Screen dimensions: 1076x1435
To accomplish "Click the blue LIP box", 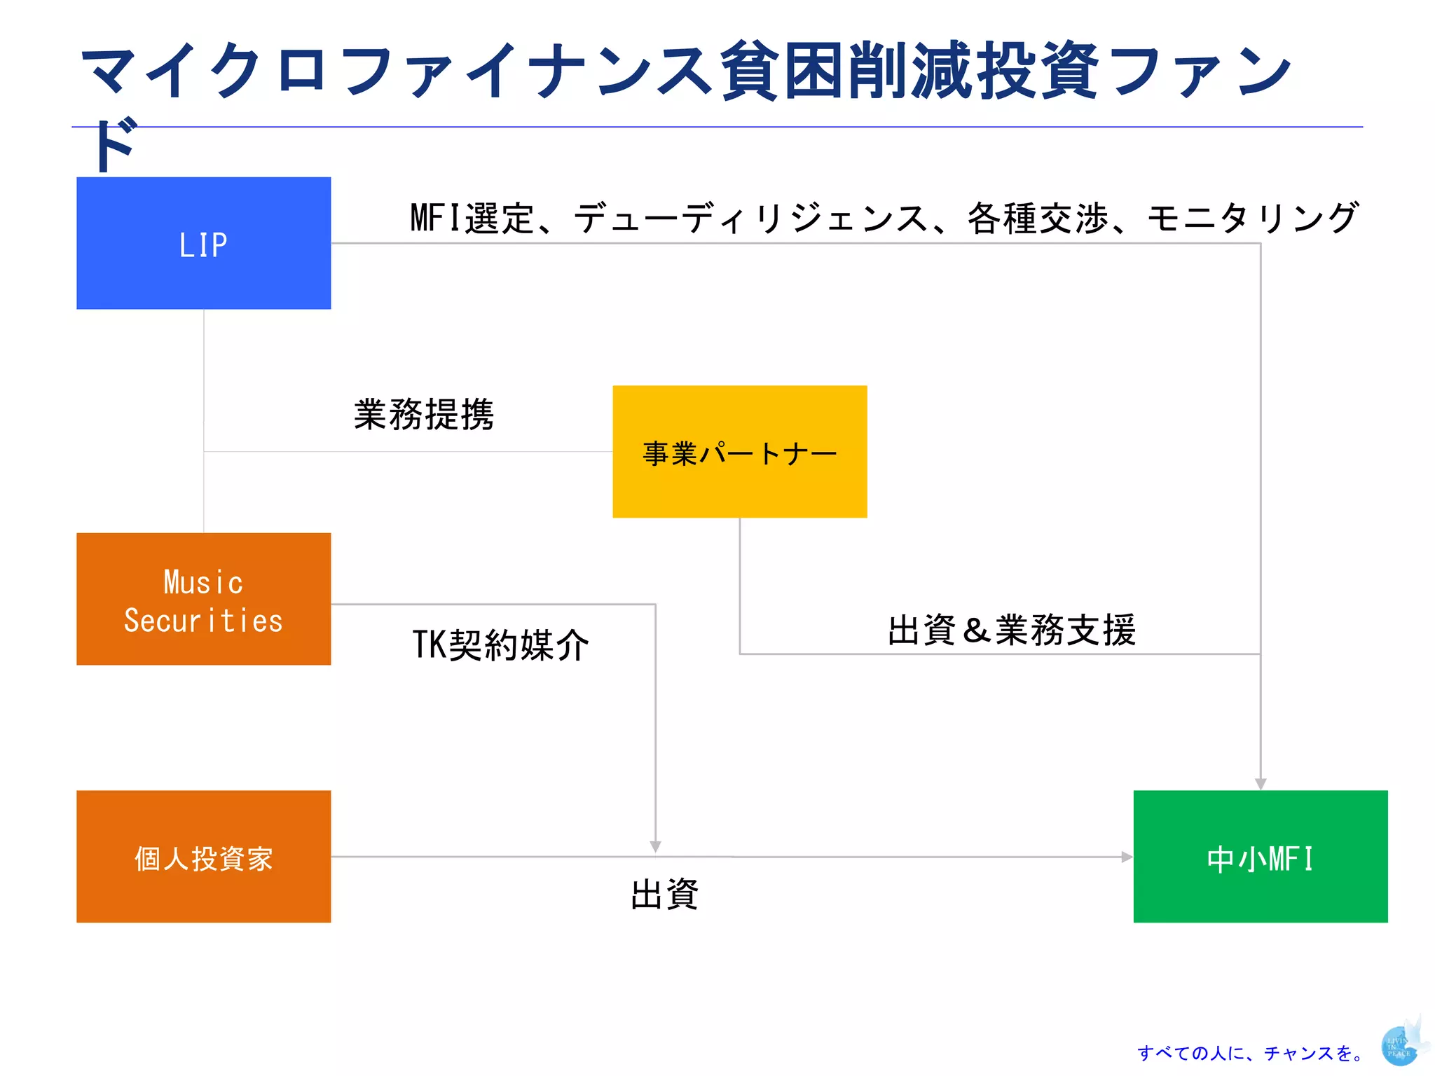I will click(x=203, y=243).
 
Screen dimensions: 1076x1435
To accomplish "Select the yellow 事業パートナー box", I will click(x=739, y=452).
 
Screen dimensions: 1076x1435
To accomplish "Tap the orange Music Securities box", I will click(x=203, y=599).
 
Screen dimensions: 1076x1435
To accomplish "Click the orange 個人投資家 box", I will click(x=203, y=856).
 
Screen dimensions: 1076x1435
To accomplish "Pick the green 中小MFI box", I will click(x=1260, y=856).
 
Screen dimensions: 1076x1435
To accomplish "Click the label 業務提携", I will click(x=424, y=415).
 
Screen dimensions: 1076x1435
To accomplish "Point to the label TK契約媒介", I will click(x=500, y=644).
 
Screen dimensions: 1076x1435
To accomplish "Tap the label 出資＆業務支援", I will click(x=1011, y=630).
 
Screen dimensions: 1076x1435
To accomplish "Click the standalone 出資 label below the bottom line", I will click(x=664, y=895).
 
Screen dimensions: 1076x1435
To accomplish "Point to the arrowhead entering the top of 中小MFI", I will click(x=1260, y=784).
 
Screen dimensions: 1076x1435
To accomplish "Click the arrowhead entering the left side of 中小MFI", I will click(x=1127, y=857).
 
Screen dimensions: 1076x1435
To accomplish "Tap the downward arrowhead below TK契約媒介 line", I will click(x=655, y=846).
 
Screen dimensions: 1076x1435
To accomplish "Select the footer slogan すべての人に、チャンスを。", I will click(x=1251, y=1053).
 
